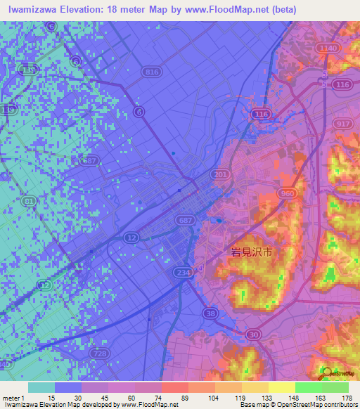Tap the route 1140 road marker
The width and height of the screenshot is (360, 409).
327,48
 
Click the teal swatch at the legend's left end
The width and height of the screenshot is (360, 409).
41,387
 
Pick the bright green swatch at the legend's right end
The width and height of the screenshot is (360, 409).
335,387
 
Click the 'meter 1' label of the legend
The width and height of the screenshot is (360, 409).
13,398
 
